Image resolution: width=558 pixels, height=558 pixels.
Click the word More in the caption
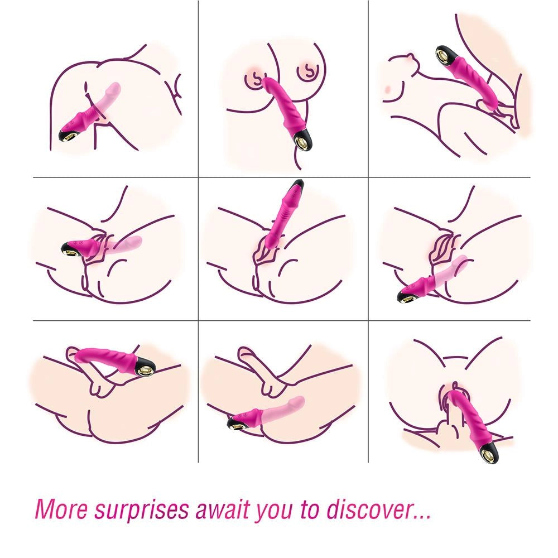pyautogui.click(x=61, y=509)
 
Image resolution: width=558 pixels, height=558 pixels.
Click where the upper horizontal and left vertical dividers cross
pyautogui.click(x=198, y=177)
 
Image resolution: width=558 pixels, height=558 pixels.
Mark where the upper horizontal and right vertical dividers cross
pyautogui.click(x=368, y=177)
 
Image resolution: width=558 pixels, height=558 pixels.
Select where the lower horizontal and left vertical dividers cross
pyautogui.click(x=198, y=321)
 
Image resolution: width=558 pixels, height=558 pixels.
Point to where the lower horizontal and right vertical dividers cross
pyautogui.click(x=368, y=321)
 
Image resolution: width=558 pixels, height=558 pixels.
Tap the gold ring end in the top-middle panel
pyautogui.click(x=303, y=140)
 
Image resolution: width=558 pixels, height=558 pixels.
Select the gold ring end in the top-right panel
pyautogui.click(x=445, y=56)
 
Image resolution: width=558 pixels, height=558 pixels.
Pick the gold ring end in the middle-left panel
pyautogui.click(x=72, y=251)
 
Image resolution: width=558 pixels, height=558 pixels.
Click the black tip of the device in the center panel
pyautogui.click(x=297, y=184)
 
